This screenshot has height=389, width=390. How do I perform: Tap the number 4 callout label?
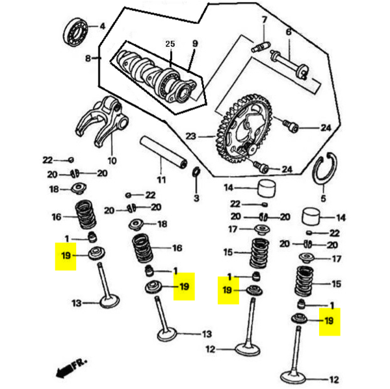pos(101,26)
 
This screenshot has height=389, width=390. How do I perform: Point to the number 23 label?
pos(190,136)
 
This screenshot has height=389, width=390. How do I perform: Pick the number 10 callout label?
pos(112,160)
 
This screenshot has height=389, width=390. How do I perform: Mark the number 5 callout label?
pos(323,199)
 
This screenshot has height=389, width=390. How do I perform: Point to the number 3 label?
pos(196,197)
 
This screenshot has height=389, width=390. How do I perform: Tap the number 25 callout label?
pos(170,44)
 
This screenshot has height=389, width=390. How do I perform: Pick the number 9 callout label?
pos(194,44)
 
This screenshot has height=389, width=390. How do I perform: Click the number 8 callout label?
pos(88,58)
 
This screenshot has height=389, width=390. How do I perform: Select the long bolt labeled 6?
pos(294,62)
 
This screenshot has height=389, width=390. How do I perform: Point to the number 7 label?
pos(265,20)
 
